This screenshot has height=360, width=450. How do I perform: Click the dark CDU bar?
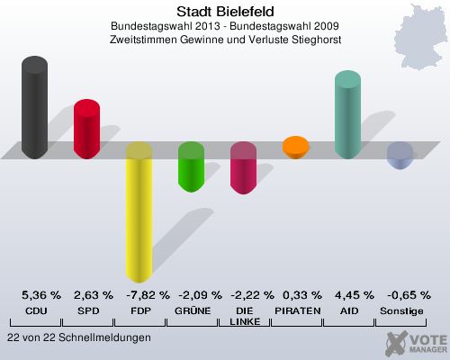35,108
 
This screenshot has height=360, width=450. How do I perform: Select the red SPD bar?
86,129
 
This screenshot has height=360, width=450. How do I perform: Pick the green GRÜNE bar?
191,166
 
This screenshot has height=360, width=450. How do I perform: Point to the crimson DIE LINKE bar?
243,168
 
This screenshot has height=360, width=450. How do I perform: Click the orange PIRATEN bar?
295,146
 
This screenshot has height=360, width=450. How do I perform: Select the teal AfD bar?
347,115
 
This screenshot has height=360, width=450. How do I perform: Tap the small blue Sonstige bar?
400,156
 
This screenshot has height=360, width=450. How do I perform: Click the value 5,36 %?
41,294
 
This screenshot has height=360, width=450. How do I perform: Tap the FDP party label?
139,310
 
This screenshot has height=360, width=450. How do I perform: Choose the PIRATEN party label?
296,310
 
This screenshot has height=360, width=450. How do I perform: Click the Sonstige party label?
400,310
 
